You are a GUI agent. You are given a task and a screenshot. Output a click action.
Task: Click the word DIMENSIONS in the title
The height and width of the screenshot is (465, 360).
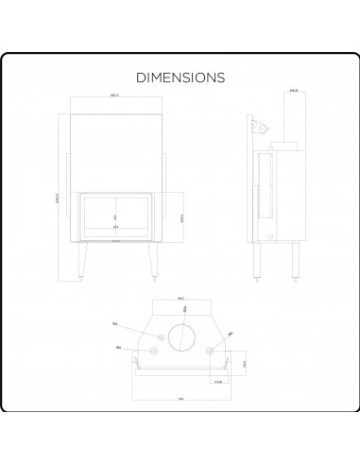point(180,77)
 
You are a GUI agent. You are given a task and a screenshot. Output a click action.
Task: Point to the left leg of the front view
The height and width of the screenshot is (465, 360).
point(82,259)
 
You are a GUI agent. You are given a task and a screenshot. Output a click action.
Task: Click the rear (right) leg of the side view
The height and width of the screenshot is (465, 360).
point(292,263)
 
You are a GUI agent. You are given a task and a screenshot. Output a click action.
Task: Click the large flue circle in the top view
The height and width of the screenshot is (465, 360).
point(179,337)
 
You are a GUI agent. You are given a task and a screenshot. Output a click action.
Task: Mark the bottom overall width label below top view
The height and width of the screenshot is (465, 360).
point(179,398)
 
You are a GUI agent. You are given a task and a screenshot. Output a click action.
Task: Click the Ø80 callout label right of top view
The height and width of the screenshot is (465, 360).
point(230,333)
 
